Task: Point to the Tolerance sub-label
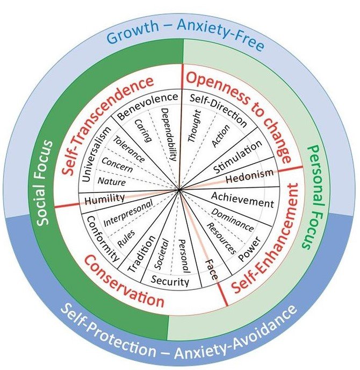click(129, 150)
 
